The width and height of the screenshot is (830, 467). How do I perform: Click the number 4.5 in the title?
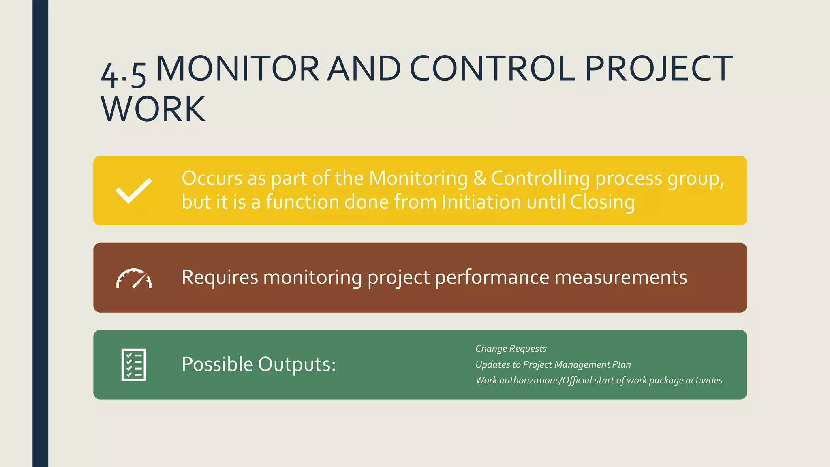(x=123, y=74)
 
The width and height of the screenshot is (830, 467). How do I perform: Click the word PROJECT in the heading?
(x=659, y=69)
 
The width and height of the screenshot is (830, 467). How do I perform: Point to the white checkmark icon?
(x=134, y=191)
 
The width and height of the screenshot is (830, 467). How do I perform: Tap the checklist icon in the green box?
(x=134, y=364)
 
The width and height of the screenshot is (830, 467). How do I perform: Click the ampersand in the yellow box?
(x=479, y=178)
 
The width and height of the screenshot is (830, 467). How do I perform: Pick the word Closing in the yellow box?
(x=602, y=201)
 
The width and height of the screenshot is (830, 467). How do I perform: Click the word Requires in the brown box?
(x=220, y=277)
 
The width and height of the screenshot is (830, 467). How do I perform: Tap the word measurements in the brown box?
(x=620, y=277)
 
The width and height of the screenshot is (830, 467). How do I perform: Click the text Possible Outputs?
(x=259, y=364)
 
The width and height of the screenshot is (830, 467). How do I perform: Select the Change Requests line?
(x=511, y=349)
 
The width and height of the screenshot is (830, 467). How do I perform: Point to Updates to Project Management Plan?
(x=553, y=364)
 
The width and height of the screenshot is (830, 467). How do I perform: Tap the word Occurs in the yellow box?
(x=212, y=178)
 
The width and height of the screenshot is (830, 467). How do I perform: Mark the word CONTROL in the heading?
(x=492, y=69)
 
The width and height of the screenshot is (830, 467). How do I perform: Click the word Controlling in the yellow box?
(x=540, y=178)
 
